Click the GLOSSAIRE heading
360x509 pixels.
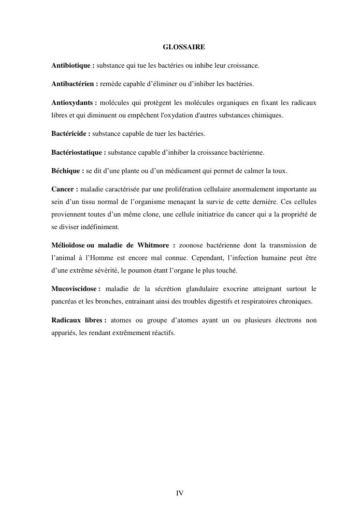point(184,47)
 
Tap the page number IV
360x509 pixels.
point(180,493)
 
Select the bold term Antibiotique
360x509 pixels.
point(71,65)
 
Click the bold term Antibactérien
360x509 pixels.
point(73,84)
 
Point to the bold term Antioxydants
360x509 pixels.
point(72,103)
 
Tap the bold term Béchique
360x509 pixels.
point(66,171)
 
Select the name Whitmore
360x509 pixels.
point(151,246)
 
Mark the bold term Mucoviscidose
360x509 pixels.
point(74,289)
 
